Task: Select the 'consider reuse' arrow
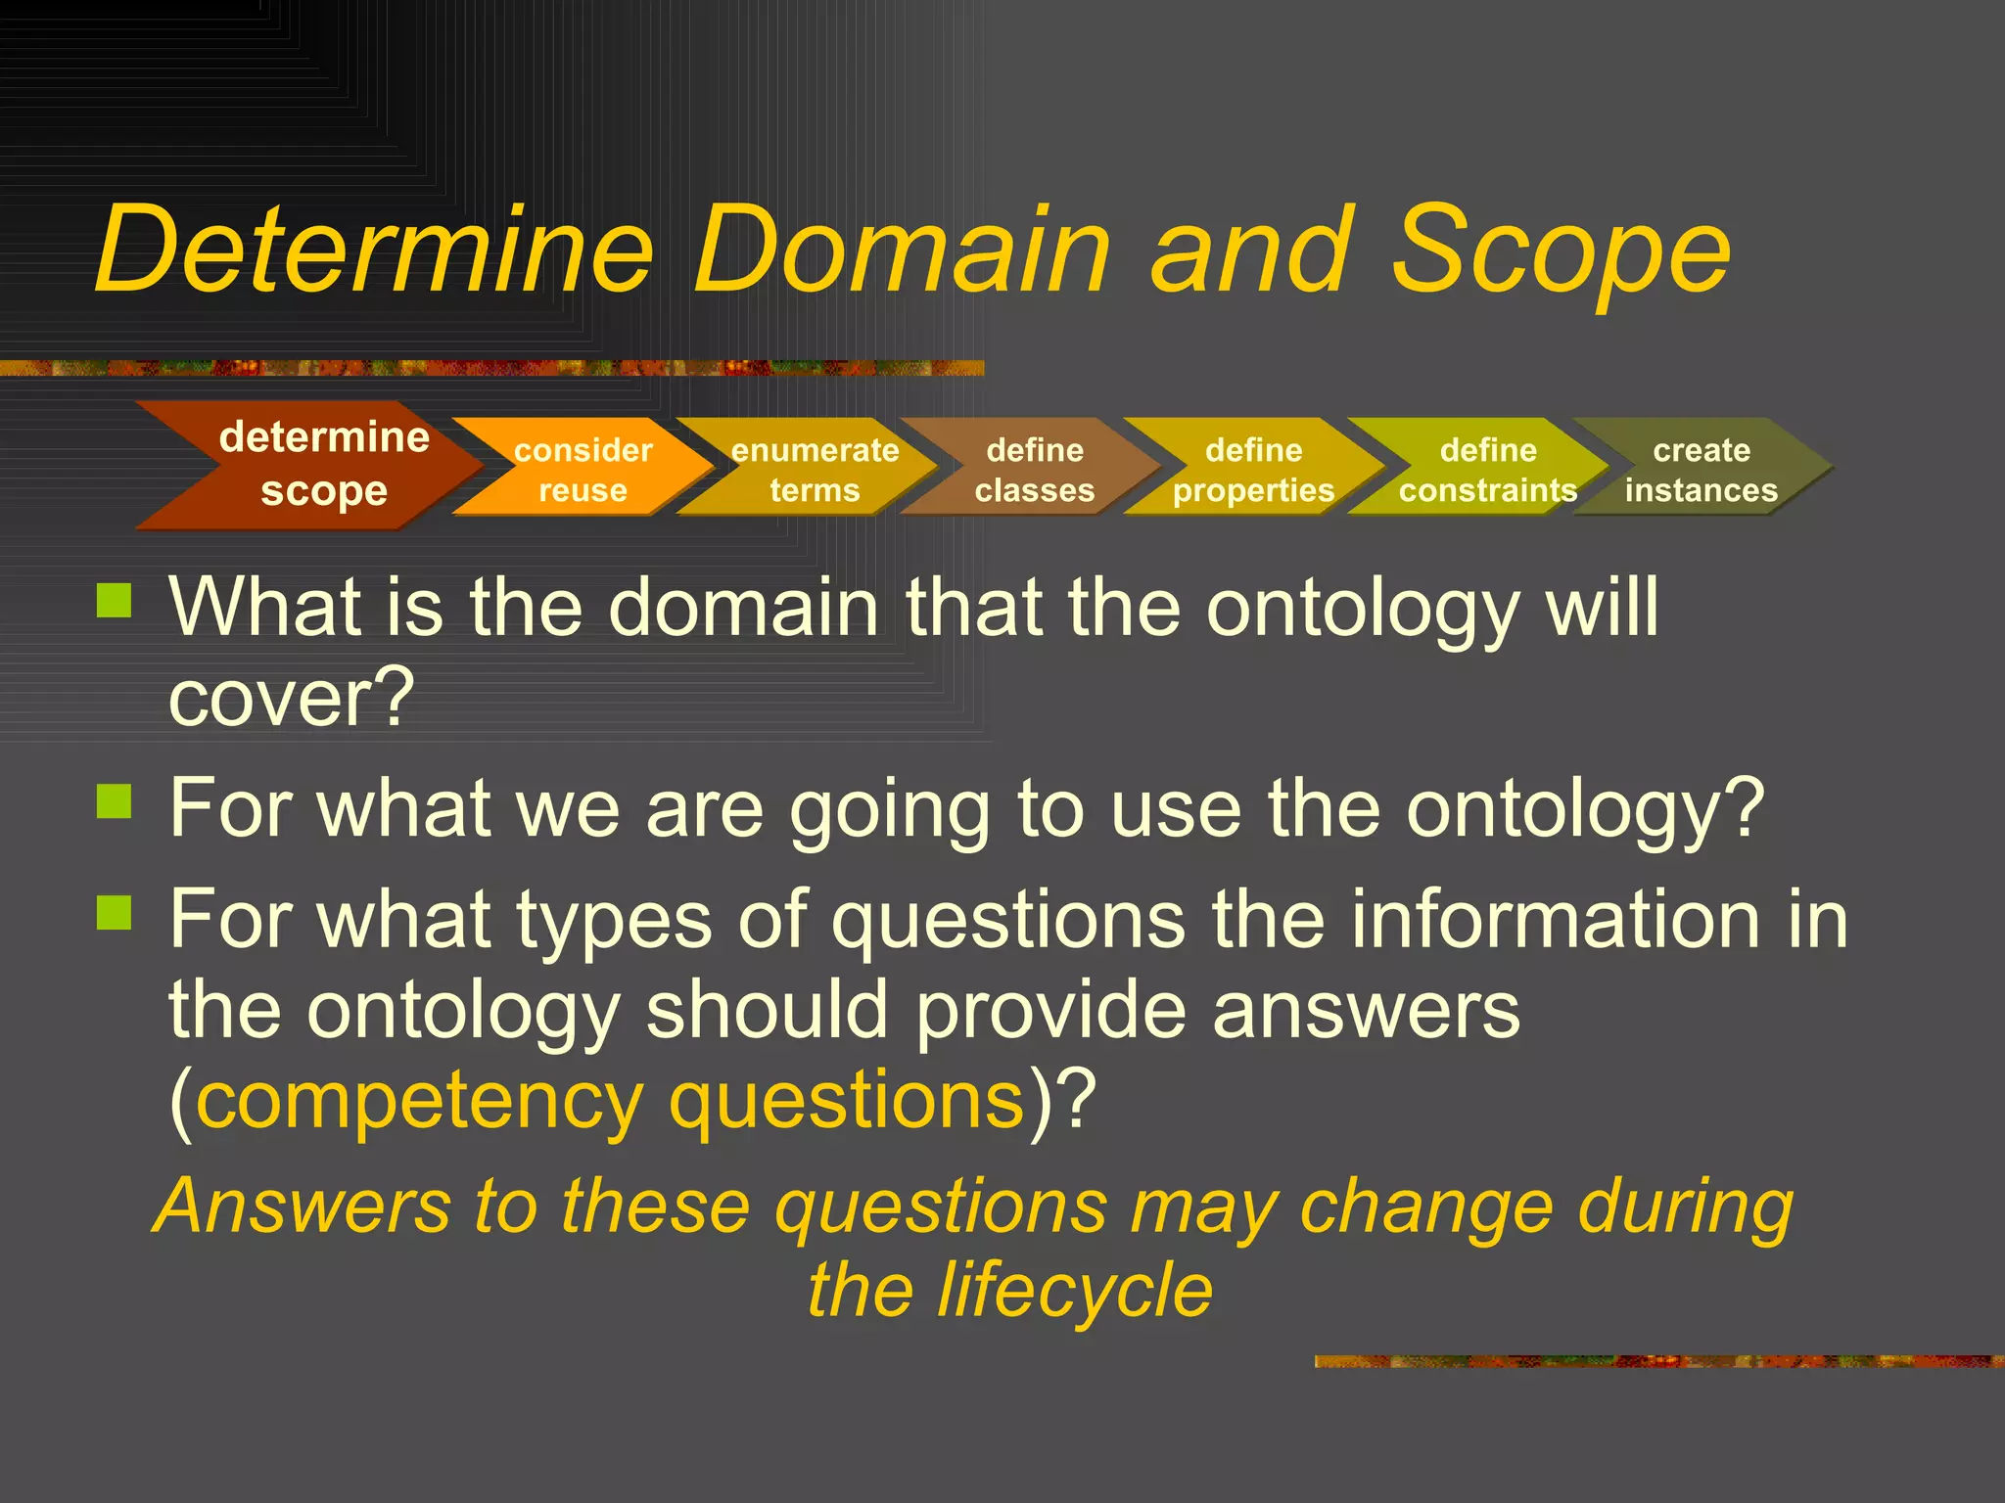click(x=583, y=469)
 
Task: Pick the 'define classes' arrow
click(x=1035, y=469)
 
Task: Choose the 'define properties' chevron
click(x=1254, y=469)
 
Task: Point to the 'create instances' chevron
click(x=1702, y=469)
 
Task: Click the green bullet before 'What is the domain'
click(x=115, y=600)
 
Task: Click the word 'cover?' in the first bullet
click(x=292, y=699)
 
